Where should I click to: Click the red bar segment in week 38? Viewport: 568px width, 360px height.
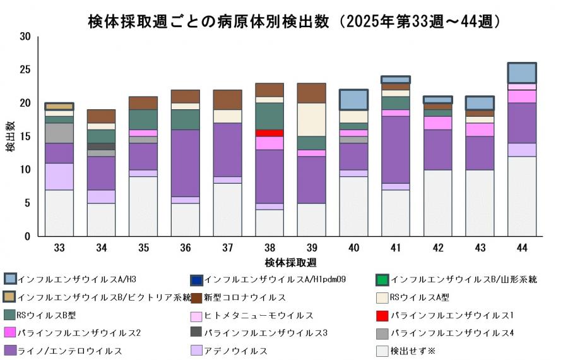tap(269, 133)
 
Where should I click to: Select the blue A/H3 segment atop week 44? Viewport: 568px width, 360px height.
tap(522, 73)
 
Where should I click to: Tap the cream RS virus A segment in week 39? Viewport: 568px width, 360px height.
tap(311, 119)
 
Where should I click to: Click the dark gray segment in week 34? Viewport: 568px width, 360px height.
tap(101, 146)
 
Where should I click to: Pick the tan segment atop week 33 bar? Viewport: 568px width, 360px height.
tap(59, 106)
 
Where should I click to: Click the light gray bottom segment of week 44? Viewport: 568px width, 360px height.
tap(522, 196)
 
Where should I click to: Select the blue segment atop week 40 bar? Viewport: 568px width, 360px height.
tap(353, 100)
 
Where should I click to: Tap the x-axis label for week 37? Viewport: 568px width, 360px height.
tap(227, 248)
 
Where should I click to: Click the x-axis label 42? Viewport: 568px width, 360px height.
tap(437, 248)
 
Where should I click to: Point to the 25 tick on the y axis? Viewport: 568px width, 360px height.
tap(25, 69)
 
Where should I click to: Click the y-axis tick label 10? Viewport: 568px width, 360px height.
tap(25, 169)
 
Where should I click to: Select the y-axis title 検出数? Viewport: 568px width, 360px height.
tap(11, 136)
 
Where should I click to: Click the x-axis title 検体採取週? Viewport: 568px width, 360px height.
tap(290, 261)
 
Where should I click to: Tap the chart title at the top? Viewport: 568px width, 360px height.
tap(294, 21)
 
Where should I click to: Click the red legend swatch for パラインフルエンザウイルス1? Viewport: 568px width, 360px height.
tap(381, 315)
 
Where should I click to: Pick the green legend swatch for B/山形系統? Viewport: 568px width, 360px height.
tap(381, 279)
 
